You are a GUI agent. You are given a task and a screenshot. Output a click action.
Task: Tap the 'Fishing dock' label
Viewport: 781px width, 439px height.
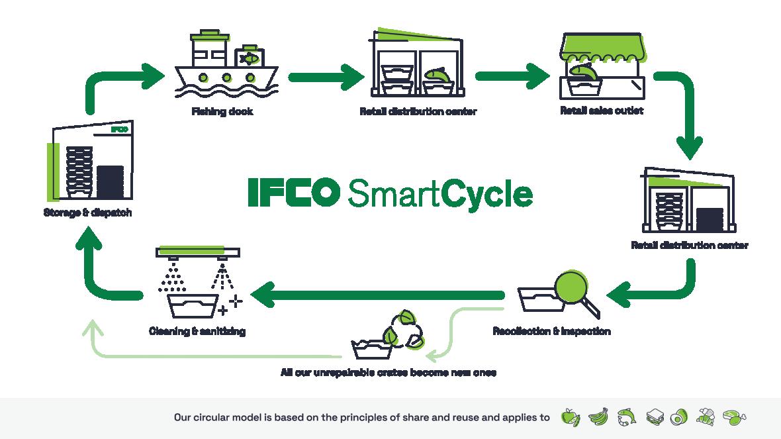pyautogui.click(x=222, y=111)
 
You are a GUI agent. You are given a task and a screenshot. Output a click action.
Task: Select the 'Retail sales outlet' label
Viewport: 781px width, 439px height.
pyautogui.click(x=602, y=111)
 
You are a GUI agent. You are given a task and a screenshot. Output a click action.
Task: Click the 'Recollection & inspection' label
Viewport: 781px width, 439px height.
pyautogui.click(x=551, y=330)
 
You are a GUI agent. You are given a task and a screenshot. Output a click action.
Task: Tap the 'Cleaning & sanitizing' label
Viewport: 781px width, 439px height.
pyautogui.click(x=197, y=330)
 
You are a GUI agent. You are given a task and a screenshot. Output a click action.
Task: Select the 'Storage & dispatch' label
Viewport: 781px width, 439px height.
pyautogui.click(x=87, y=213)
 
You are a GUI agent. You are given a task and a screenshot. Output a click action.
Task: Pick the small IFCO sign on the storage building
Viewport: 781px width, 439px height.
pyautogui.click(x=119, y=129)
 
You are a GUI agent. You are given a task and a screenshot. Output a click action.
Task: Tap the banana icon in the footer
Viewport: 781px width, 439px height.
pyautogui.click(x=598, y=416)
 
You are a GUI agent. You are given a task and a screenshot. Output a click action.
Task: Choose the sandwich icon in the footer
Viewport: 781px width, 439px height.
pyautogui.click(x=655, y=416)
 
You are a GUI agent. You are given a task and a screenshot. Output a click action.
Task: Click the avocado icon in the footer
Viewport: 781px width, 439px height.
pyautogui.click(x=680, y=416)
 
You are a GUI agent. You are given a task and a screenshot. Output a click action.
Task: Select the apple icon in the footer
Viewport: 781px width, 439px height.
pyautogui.click(x=570, y=417)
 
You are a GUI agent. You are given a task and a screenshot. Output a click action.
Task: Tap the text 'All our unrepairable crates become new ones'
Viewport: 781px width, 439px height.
pyautogui.click(x=389, y=372)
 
